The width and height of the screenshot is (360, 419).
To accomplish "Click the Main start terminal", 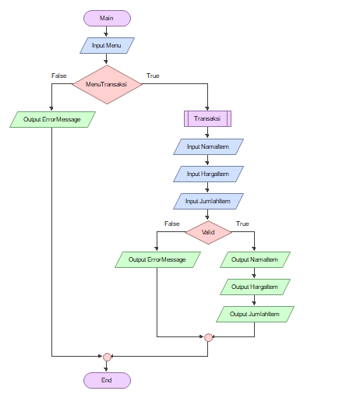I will (x=107, y=19).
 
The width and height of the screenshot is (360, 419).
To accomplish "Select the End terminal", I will (x=107, y=380).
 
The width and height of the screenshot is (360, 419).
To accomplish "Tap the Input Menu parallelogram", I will (x=107, y=46).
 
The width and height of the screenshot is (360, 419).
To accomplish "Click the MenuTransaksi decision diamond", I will (x=107, y=83).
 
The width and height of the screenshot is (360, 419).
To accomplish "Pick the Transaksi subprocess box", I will (x=208, y=118).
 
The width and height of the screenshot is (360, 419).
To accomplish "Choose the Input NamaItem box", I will (x=208, y=146).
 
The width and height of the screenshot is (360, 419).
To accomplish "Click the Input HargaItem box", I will (x=208, y=173).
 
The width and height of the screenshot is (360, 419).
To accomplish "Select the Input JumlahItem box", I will (x=208, y=201).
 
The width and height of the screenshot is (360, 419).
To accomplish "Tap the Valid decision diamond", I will (x=208, y=231).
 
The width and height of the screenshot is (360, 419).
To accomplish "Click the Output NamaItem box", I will (x=255, y=259).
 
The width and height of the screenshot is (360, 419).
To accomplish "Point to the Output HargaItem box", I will (x=255, y=287).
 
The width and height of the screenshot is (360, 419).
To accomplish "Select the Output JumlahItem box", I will (x=255, y=314).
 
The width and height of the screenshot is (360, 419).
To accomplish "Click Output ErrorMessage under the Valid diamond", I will (x=157, y=259).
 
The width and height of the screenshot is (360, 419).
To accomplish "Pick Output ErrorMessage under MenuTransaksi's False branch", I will (x=52, y=119).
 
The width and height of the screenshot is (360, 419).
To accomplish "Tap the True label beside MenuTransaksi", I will (x=153, y=76).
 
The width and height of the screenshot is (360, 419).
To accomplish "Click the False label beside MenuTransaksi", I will (x=59, y=76).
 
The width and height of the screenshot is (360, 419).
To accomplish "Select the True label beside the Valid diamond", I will (x=242, y=224).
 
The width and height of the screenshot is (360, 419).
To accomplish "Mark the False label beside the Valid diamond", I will (x=171, y=224).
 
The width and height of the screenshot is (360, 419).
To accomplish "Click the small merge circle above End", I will (x=107, y=357).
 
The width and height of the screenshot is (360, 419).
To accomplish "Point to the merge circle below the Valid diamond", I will (x=208, y=337).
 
